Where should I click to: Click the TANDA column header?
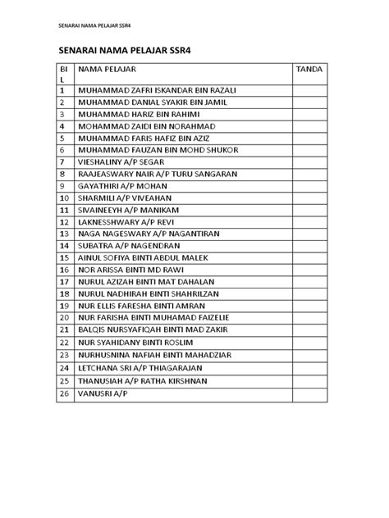(310, 70)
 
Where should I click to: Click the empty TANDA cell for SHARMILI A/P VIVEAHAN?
(310, 198)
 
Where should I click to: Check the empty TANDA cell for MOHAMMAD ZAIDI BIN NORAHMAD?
(310, 127)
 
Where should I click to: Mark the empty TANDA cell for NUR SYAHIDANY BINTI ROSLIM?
(310, 340)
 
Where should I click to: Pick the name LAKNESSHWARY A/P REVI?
(124, 221)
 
